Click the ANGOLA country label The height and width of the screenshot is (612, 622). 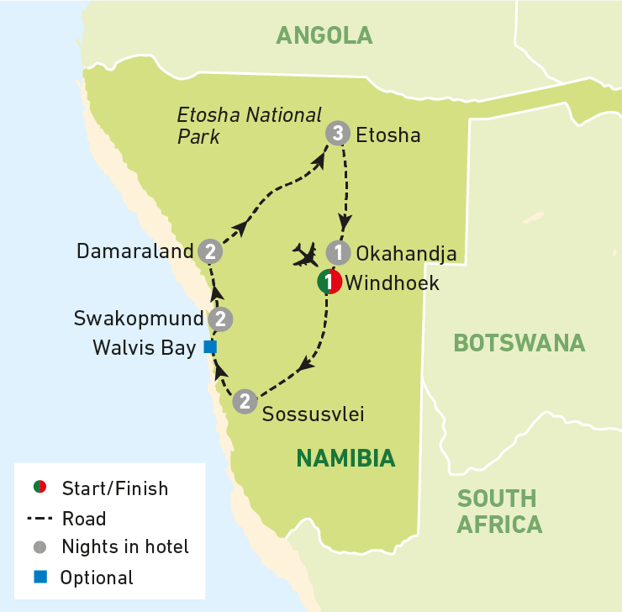(x=324, y=34)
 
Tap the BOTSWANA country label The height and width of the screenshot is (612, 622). (x=519, y=343)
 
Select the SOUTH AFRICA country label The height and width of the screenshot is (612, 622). (x=499, y=511)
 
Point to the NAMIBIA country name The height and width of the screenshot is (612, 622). (x=345, y=458)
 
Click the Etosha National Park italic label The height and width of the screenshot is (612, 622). (x=249, y=124)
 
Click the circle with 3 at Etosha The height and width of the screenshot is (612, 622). (x=336, y=134)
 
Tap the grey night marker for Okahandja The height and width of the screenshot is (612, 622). (x=337, y=252)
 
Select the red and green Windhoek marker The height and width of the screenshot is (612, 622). (x=329, y=283)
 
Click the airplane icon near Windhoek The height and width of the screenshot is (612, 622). (x=305, y=253)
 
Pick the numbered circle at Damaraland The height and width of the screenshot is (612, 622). (x=209, y=251)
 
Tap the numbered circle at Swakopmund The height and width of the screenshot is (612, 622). (x=220, y=319)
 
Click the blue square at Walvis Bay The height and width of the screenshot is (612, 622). (x=210, y=346)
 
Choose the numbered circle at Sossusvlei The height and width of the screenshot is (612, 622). (x=244, y=401)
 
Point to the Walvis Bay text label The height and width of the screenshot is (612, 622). (x=148, y=347)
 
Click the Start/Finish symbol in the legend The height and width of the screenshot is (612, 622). (x=38, y=488)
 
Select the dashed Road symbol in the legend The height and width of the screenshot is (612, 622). (x=38, y=519)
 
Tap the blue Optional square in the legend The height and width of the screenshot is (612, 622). (x=38, y=578)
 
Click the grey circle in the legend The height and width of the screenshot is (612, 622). (x=38, y=547)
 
